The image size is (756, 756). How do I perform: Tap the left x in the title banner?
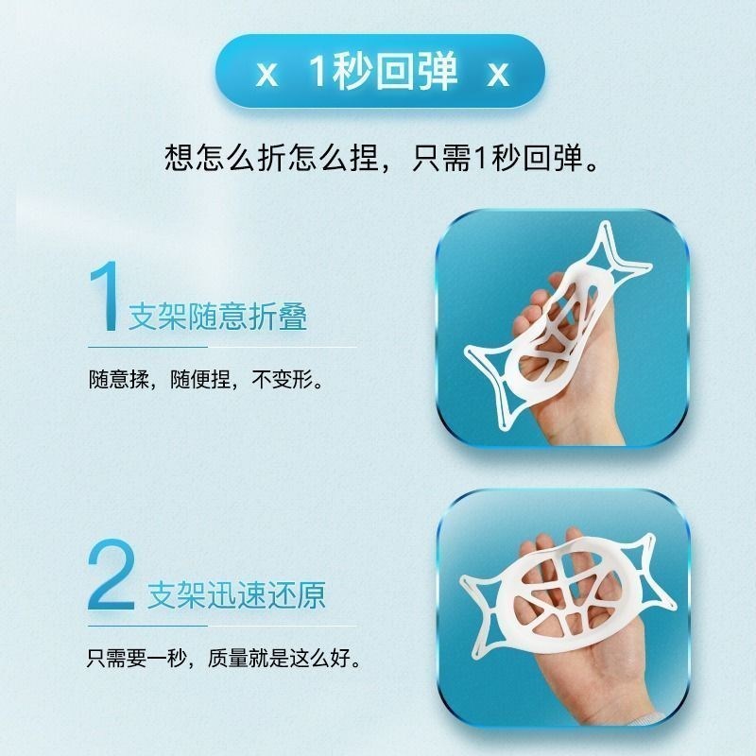[x=266, y=75]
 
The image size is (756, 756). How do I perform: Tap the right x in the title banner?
[x=497, y=75]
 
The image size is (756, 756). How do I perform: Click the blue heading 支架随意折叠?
[x=217, y=317]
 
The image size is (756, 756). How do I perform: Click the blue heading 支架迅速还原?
[x=236, y=595]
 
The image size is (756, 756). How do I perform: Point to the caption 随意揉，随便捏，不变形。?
[x=207, y=384]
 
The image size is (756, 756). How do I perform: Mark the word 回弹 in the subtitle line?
[x=548, y=156]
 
